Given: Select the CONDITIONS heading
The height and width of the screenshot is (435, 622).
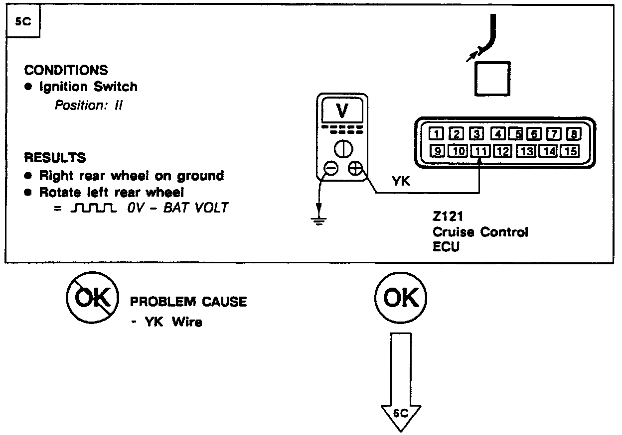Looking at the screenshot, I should point(66,70).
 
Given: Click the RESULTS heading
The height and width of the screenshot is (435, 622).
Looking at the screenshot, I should point(55,158).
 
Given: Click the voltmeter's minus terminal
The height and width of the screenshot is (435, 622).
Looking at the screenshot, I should point(330,169).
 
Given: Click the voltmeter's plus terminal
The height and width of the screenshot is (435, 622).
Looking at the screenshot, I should point(355,169).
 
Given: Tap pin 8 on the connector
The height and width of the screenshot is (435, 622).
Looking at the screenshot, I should point(573,133).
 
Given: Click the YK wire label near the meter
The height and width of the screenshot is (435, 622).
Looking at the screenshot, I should point(401,182).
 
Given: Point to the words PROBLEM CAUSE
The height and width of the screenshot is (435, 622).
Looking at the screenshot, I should point(188,302).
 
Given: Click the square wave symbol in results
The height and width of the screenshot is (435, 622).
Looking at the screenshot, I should point(94,208).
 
